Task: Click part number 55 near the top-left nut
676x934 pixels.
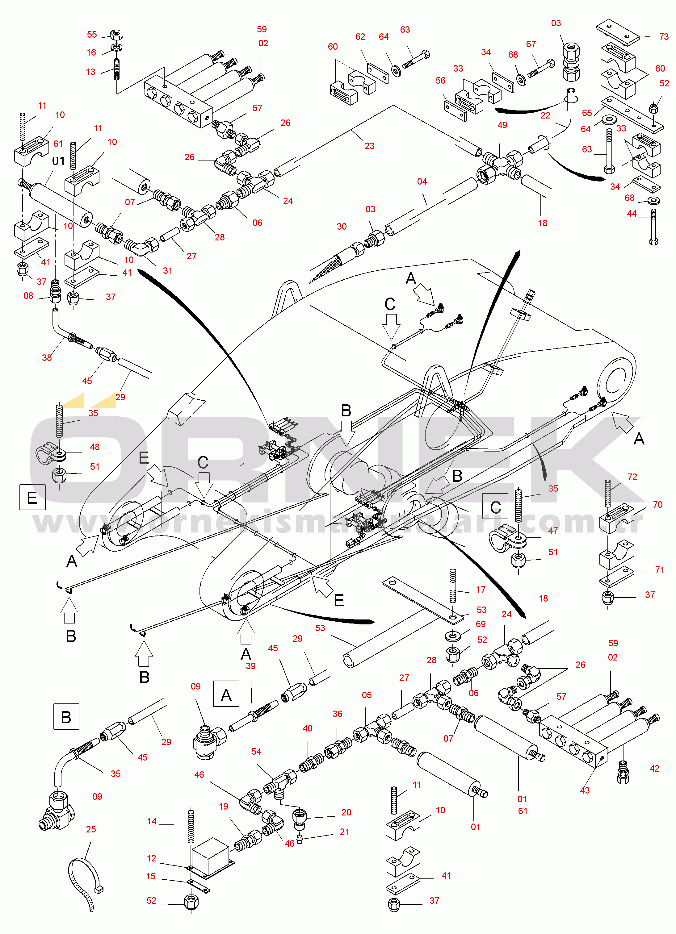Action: click(x=92, y=35)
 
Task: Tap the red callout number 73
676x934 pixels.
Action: click(x=664, y=37)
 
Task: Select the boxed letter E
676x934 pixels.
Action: click(x=32, y=498)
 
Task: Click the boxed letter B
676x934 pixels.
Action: click(x=66, y=717)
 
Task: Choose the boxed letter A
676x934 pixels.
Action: click(x=226, y=695)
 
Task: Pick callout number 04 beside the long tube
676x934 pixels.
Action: click(x=422, y=181)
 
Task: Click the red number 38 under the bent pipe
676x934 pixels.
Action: click(x=47, y=357)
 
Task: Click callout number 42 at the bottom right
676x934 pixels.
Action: click(x=654, y=769)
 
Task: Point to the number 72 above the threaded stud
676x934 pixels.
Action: click(x=632, y=477)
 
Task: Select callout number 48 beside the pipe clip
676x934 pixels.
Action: click(x=95, y=447)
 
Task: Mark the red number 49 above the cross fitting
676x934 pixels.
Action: click(x=502, y=125)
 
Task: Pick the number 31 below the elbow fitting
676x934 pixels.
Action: click(x=167, y=271)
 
